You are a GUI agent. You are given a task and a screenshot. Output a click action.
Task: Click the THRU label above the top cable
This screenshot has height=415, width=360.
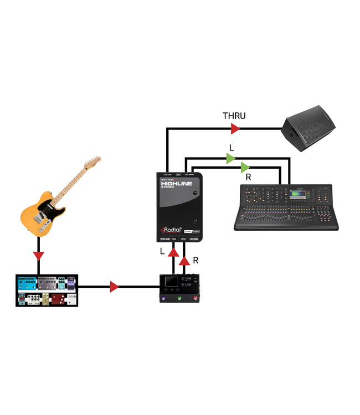[234, 116]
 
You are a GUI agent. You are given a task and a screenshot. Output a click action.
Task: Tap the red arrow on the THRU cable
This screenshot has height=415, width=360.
[235, 129]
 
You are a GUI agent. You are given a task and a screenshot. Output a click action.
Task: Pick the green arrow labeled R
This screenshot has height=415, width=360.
[245, 166]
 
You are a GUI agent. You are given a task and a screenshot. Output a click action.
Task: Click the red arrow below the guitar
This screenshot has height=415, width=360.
[38, 255]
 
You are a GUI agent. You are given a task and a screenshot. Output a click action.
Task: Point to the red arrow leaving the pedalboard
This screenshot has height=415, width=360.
[114, 287]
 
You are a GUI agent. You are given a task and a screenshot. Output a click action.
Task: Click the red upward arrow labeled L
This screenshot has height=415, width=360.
[173, 253]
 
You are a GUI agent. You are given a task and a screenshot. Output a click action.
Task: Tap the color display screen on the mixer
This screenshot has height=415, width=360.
[299, 194]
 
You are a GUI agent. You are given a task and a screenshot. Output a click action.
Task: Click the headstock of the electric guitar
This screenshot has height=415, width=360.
[92, 163]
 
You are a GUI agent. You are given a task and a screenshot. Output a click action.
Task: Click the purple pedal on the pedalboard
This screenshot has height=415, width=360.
[71, 285]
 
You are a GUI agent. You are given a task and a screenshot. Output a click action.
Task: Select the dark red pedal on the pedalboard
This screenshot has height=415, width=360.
[58, 299]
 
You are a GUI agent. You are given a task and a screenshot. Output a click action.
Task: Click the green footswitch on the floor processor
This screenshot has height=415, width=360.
[180, 299]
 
